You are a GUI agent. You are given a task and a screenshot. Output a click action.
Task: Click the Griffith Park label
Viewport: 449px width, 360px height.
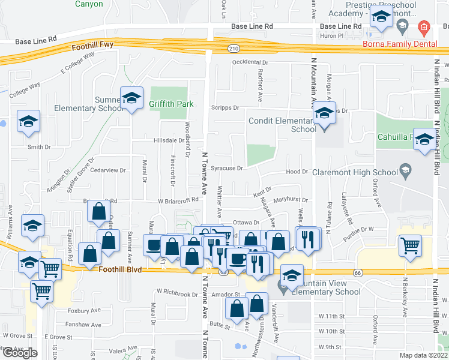[x=172, y=104]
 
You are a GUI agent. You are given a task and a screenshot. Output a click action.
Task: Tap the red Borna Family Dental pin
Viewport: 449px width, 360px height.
[x=424, y=27]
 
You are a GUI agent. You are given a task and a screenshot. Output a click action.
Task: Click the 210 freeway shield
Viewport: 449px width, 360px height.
[x=234, y=48]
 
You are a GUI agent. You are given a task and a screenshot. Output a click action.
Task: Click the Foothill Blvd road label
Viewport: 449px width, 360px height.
[x=121, y=270]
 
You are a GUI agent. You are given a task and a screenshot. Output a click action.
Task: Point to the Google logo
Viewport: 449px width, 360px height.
[x=20, y=353]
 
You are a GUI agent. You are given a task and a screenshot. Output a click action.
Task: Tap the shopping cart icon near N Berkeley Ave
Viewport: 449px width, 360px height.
[x=410, y=245]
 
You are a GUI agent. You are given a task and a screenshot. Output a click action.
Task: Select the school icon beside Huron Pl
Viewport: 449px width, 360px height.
[x=381, y=19]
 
